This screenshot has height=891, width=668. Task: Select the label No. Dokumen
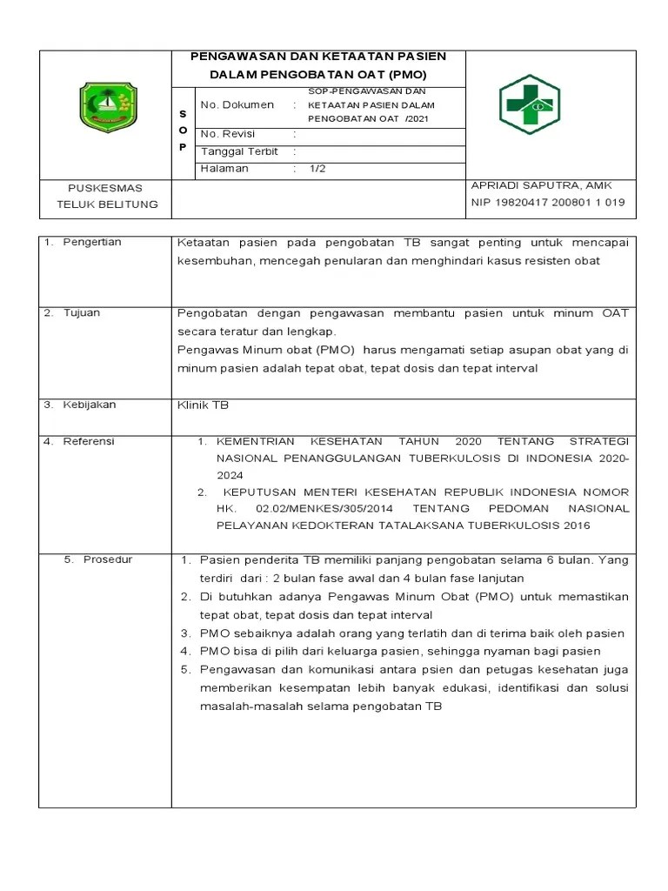(x=237, y=105)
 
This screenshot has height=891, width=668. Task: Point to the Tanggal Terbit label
(x=239, y=151)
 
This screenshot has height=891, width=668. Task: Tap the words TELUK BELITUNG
(x=108, y=204)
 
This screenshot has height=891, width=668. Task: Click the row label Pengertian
(x=92, y=243)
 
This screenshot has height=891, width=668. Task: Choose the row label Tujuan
(x=83, y=312)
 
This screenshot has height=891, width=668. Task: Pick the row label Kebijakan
(x=89, y=405)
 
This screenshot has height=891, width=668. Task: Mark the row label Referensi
(x=89, y=441)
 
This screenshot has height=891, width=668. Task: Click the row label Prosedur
(x=108, y=559)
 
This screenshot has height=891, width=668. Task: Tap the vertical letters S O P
(x=183, y=131)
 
